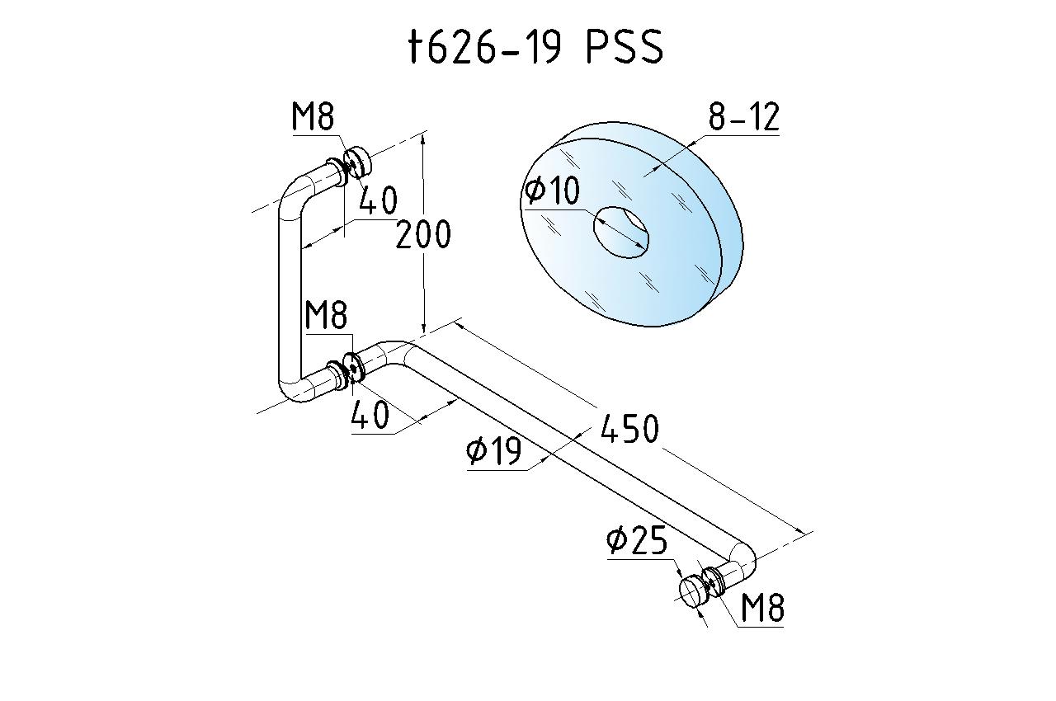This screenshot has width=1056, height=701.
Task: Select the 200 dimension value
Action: [x=423, y=234]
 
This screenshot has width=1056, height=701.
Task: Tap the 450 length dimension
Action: [x=629, y=428]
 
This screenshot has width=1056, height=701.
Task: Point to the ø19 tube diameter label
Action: [x=493, y=450]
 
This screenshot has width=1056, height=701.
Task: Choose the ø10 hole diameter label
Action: [x=552, y=190]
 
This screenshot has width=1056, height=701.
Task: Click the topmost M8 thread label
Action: [x=313, y=116]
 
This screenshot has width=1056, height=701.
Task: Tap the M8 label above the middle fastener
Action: [x=326, y=315]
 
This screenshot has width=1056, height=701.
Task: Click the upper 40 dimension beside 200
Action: [x=378, y=200]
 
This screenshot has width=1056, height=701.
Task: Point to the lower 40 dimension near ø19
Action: [x=370, y=415]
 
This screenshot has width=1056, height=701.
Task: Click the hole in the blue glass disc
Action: [x=621, y=233]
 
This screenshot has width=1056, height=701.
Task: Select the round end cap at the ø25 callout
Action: [x=691, y=591]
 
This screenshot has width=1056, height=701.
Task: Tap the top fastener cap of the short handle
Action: [x=358, y=162]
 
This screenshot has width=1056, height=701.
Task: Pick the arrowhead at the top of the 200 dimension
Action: [x=424, y=140]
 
